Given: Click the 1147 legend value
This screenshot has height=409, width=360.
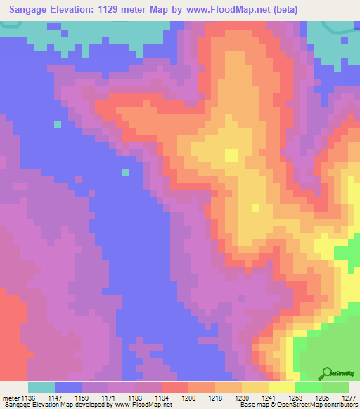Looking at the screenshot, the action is tap(63, 398).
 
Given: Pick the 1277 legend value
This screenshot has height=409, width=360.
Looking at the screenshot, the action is tap(348, 398).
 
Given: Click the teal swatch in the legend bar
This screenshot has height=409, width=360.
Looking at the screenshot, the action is tap(41, 387).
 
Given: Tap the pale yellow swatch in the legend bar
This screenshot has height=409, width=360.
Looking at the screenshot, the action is tap(282, 387).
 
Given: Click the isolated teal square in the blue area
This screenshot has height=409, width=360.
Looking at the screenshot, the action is tap(126, 172).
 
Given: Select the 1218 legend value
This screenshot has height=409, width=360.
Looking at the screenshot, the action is tap(214, 398).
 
